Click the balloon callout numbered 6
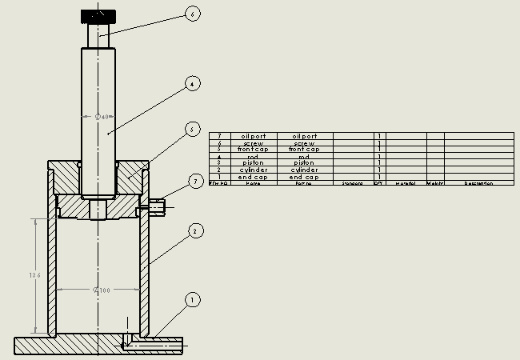click(x=192, y=14)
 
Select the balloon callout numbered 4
click(x=191, y=83)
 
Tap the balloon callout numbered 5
click(x=191, y=129)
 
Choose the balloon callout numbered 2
click(x=193, y=232)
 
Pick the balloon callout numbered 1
click(x=191, y=300)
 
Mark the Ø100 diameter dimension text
click(x=102, y=290)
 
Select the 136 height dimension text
click(x=34, y=275)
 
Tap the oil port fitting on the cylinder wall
click(x=158, y=207)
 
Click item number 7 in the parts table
click(x=218, y=136)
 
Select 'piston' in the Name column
click(x=253, y=163)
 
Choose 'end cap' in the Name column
click(x=253, y=177)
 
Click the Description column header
click(x=478, y=184)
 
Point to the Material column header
click(x=406, y=184)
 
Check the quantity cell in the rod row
click(x=379, y=157)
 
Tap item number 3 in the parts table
click(x=218, y=163)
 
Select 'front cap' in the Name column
click(x=253, y=150)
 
